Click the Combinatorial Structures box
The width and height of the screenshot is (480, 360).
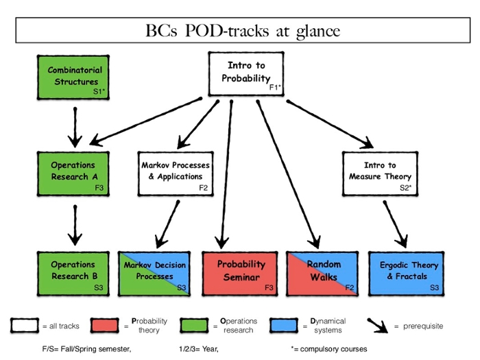73,77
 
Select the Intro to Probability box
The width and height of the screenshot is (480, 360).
246,74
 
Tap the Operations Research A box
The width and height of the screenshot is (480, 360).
73,173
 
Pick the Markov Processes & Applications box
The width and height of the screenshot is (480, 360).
176,173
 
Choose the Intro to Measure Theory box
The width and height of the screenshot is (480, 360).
380,173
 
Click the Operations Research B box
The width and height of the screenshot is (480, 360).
73,274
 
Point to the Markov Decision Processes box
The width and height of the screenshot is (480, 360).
154,274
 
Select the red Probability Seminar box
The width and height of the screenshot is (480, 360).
240,274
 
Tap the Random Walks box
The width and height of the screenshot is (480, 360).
322,274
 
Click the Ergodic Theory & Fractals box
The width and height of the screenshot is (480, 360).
406,274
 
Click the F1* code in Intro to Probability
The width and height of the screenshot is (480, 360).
275,88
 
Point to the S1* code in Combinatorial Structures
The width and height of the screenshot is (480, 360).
99,91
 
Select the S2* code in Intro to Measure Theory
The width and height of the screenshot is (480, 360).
406,188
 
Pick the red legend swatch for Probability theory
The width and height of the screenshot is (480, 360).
105,326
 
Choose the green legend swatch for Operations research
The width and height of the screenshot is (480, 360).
194,326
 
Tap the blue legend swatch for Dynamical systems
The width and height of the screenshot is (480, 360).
284,326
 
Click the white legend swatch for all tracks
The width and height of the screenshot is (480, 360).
25,326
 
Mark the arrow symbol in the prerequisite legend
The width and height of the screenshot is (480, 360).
378,326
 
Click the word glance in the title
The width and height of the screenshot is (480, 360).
318,32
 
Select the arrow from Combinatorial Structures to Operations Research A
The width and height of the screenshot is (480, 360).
75,127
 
